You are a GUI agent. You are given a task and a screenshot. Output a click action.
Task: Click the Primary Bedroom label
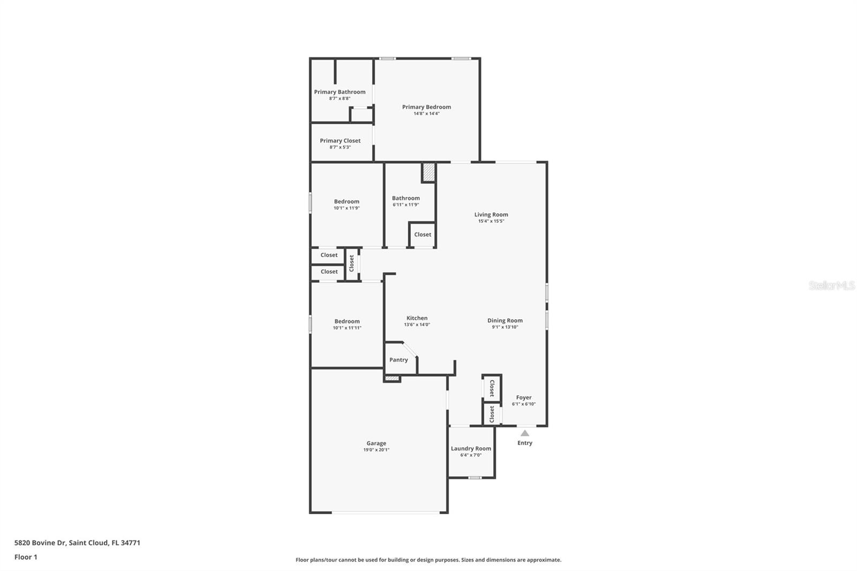click(426, 107)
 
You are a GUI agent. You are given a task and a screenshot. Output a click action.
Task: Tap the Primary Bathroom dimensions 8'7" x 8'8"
click(340, 99)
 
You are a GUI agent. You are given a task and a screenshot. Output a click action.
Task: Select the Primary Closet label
click(340, 141)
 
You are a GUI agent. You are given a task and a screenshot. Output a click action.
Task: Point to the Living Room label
click(491, 215)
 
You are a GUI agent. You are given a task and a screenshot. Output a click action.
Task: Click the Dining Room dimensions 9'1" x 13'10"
click(505, 327)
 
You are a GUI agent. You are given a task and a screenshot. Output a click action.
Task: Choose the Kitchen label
click(417, 318)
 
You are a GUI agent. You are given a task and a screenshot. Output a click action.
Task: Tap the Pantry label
click(399, 360)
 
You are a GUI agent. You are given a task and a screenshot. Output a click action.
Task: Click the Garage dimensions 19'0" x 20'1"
click(377, 450)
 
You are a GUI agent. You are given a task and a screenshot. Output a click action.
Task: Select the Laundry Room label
click(471, 448)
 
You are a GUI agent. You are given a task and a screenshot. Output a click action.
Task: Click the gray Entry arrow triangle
click(525, 433)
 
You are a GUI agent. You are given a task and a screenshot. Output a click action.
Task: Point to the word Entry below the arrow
click(525, 443)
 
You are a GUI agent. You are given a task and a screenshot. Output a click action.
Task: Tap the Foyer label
click(524, 397)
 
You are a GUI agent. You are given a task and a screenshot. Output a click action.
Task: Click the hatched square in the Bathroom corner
click(429, 172)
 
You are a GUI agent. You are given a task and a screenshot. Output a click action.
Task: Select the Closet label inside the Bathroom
click(423, 235)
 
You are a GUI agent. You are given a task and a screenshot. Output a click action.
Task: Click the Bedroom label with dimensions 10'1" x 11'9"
click(347, 202)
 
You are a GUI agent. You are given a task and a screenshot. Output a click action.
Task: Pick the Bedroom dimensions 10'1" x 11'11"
click(347, 328)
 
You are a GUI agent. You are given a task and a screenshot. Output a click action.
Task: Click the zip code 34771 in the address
click(131, 543)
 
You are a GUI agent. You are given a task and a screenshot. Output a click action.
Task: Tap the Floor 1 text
click(26, 557)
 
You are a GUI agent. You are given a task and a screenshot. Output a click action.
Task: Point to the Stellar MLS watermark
click(831, 285)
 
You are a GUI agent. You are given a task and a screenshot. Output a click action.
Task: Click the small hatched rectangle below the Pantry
click(392, 379)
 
